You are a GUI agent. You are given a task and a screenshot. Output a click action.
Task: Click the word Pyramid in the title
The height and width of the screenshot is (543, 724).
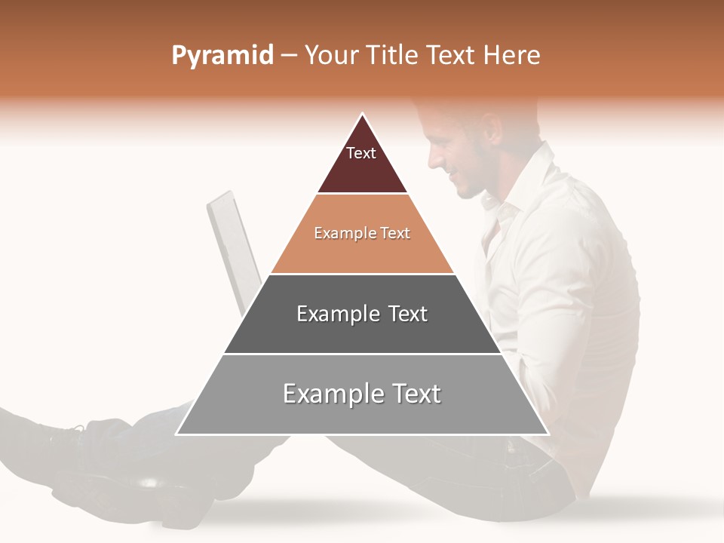point(222,56)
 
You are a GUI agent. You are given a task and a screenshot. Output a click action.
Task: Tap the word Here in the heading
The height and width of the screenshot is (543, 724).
point(511,56)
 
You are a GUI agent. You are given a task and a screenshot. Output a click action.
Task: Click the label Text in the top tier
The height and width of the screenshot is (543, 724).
point(360,153)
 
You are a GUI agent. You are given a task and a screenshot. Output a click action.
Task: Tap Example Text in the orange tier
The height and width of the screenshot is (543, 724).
point(362,233)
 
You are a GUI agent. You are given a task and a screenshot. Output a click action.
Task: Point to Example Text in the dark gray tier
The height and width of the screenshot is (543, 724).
point(362,314)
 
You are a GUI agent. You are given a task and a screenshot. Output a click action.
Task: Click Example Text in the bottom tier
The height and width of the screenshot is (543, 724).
point(362,394)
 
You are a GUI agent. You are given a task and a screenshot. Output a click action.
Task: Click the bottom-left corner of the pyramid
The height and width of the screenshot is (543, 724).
point(177,434)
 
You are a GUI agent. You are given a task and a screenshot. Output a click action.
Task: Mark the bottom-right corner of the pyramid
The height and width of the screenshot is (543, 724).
point(548,434)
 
